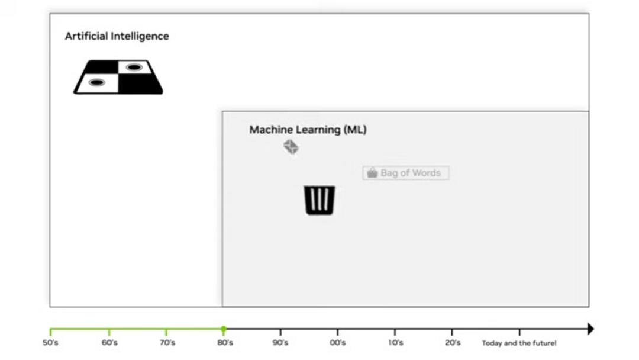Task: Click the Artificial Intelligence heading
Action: pyautogui.click(x=117, y=36)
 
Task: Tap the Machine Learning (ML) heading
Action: pyautogui.click(x=308, y=130)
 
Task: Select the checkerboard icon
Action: pyautogui.click(x=118, y=77)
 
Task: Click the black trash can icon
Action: pyautogui.click(x=319, y=200)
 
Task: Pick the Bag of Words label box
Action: pyautogui.click(x=406, y=173)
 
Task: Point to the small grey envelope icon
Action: pyautogui.click(x=291, y=147)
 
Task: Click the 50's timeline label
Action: pyautogui.click(x=50, y=343)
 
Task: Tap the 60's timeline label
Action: pyautogui.click(x=109, y=343)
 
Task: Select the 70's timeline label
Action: pyautogui.click(x=167, y=343)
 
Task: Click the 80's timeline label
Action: pyautogui.click(x=225, y=343)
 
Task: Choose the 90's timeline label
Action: pyautogui.click(x=280, y=343)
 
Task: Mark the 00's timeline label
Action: pyautogui.click(x=338, y=343)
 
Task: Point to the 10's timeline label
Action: pyautogui.click(x=396, y=343)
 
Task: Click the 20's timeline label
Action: pyautogui.click(x=453, y=343)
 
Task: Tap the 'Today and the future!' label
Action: pyautogui.click(x=519, y=343)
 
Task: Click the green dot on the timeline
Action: pyautogui.click(x=223, y=329)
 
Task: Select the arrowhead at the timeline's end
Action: pyautogui.click(x=591, y=329)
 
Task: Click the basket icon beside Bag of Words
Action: pyautogui.click(x=372, y=173)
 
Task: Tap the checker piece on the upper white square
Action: pyautogui.click(x=134, y=67)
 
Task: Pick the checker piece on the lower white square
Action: pyautogui.click(x=96, y=82)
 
